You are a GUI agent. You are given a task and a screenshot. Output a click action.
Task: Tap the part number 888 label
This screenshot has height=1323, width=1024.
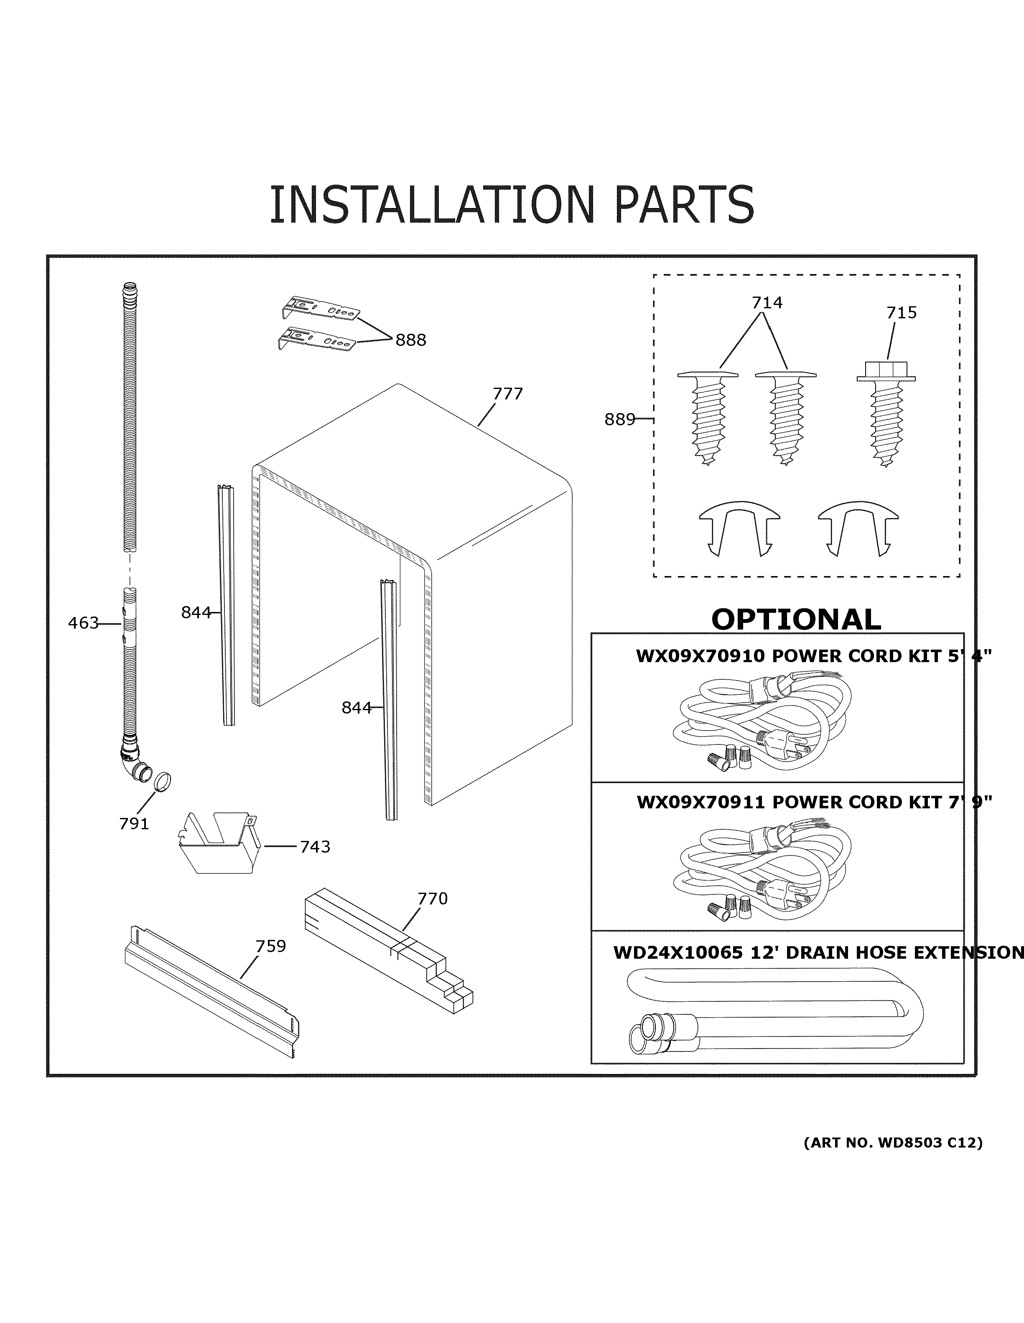411,340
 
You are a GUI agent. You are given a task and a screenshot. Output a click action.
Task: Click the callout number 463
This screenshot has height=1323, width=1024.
83,623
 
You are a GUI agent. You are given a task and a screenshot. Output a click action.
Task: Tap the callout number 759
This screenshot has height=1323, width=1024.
270,946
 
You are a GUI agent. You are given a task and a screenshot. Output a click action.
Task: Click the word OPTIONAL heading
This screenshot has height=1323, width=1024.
795,619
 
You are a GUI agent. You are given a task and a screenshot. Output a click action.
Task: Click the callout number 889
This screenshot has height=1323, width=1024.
619,419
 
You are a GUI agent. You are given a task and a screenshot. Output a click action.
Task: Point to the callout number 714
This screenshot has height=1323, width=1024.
767,302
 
